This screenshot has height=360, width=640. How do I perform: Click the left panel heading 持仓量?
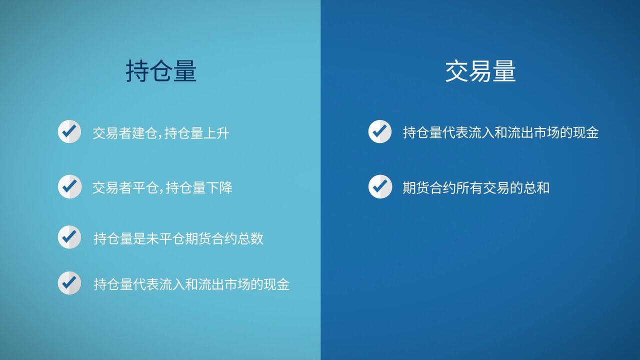coord(161,71)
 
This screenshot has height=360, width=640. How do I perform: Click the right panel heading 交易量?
coord(480,71)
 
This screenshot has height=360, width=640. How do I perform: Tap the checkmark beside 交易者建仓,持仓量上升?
coord(69,131)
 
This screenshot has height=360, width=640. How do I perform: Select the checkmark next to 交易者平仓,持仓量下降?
coord(69,186)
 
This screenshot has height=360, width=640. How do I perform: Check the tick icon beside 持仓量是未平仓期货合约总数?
coord(69,237)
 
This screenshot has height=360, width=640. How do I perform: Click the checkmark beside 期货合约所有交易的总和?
coord(380,186)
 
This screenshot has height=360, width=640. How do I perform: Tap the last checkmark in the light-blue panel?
coord(69,283)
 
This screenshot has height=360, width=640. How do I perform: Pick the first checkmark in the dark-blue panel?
coord(380,131)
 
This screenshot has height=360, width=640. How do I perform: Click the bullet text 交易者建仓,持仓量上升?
coord(161,133)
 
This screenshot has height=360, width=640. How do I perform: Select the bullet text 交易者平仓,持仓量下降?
coord(162,187)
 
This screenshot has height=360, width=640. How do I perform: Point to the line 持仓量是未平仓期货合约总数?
coord(178,238)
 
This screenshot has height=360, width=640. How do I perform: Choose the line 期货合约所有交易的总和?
coord(476,187)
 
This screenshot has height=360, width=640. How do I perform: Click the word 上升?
coord(217,133)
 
